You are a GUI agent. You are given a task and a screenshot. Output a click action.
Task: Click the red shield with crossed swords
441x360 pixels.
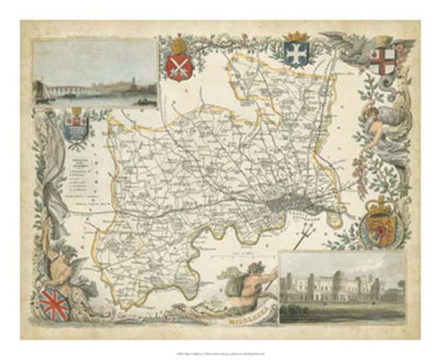pyautogui.click(x=178, y=66)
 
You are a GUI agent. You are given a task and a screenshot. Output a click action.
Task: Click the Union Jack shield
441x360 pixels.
pyautogui.click(x=55, y=305)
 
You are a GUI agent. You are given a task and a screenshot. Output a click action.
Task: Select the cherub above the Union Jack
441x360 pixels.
pyautogui.click(x=62, y=261)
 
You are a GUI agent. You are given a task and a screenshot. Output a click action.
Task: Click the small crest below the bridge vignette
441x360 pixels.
pyautogui.click(x=77, y=127)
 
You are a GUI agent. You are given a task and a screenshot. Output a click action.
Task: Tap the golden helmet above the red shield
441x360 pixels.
pyautogui.click(x=178, y=43)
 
